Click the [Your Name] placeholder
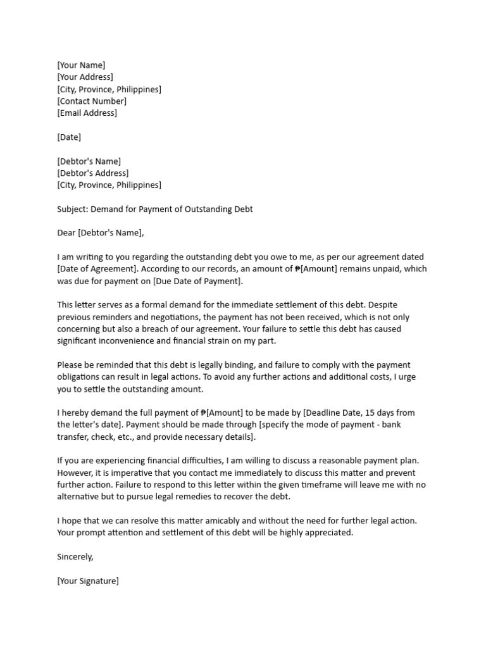[81, 65]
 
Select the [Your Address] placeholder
[85, 77]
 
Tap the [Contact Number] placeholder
[92, 101]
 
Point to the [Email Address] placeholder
[87, 113]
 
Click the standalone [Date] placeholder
[69, 137]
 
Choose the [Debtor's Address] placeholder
[92, 173]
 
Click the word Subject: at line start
[73, 209]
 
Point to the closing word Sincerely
[75, 557]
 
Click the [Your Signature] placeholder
[87, 581]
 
